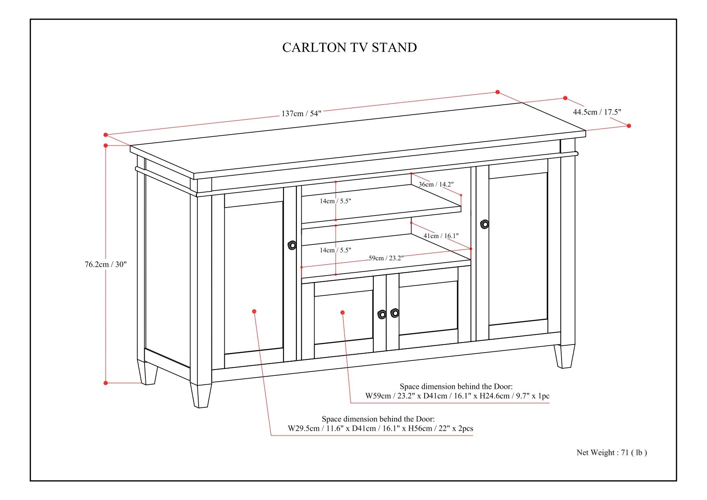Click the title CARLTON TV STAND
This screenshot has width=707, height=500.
point(349,48)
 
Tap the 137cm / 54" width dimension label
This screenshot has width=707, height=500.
point(301,114)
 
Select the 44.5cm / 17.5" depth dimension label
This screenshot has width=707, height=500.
point(597,112)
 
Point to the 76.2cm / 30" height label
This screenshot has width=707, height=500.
point(106,264)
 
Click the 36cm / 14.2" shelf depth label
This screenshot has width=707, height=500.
point(436,184)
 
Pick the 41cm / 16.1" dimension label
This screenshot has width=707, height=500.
point(441,236)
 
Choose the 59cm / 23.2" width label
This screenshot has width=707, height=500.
point(386,258)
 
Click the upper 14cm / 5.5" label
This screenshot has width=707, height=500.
point(336,201)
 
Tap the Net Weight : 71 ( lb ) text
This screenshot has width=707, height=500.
point(612,452)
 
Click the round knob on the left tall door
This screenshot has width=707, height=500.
point(292,245)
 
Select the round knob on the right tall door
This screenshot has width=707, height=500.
point(485,224)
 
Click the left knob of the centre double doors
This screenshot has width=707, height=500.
point(382,314)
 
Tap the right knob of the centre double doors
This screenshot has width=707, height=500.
point(395,313)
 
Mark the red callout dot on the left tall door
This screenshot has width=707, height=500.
point(254,311)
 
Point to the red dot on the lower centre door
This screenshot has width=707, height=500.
point(342,312)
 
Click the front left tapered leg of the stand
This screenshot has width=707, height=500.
point(201,395)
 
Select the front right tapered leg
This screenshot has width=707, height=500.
point(564,356)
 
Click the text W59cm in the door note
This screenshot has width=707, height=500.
point(378,396)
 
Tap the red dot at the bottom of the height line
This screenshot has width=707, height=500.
point(106,383)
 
